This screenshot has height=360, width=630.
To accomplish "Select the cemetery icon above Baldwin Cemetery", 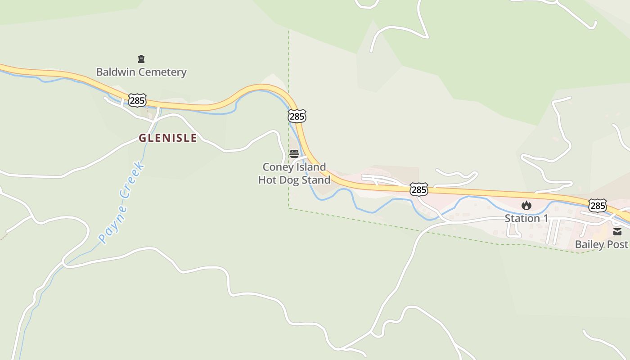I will pyautogui.click(x=141, y=59).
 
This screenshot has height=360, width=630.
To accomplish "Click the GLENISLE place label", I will pyautogui.click(x=167, y=138).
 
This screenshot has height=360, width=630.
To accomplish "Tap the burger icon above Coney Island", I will pyautogui.click(x=294, y=154).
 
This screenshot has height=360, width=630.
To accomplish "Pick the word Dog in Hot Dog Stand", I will pyautogui.click(x=293, y=180).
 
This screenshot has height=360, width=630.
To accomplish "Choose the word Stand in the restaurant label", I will pyautogui.click(x=318, y=180).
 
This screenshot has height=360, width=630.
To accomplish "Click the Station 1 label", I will pyautogui.click(x=526, y=218).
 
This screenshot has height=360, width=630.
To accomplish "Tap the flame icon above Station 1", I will pyautogui.click(x=526, y=206).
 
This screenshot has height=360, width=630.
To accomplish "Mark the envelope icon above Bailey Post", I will pyautogui.click(x=617, y=232).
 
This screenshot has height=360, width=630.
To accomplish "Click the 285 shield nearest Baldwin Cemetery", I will pyautogui.click(x=137, y=100).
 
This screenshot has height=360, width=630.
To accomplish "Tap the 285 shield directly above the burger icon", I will pyautogui.click(x=297, y=116).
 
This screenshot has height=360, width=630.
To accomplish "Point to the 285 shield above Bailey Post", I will pyautogui.click(x=598, y=206).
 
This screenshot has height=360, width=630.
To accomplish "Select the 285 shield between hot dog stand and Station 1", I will pyautogui.click(x=419, y=189).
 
